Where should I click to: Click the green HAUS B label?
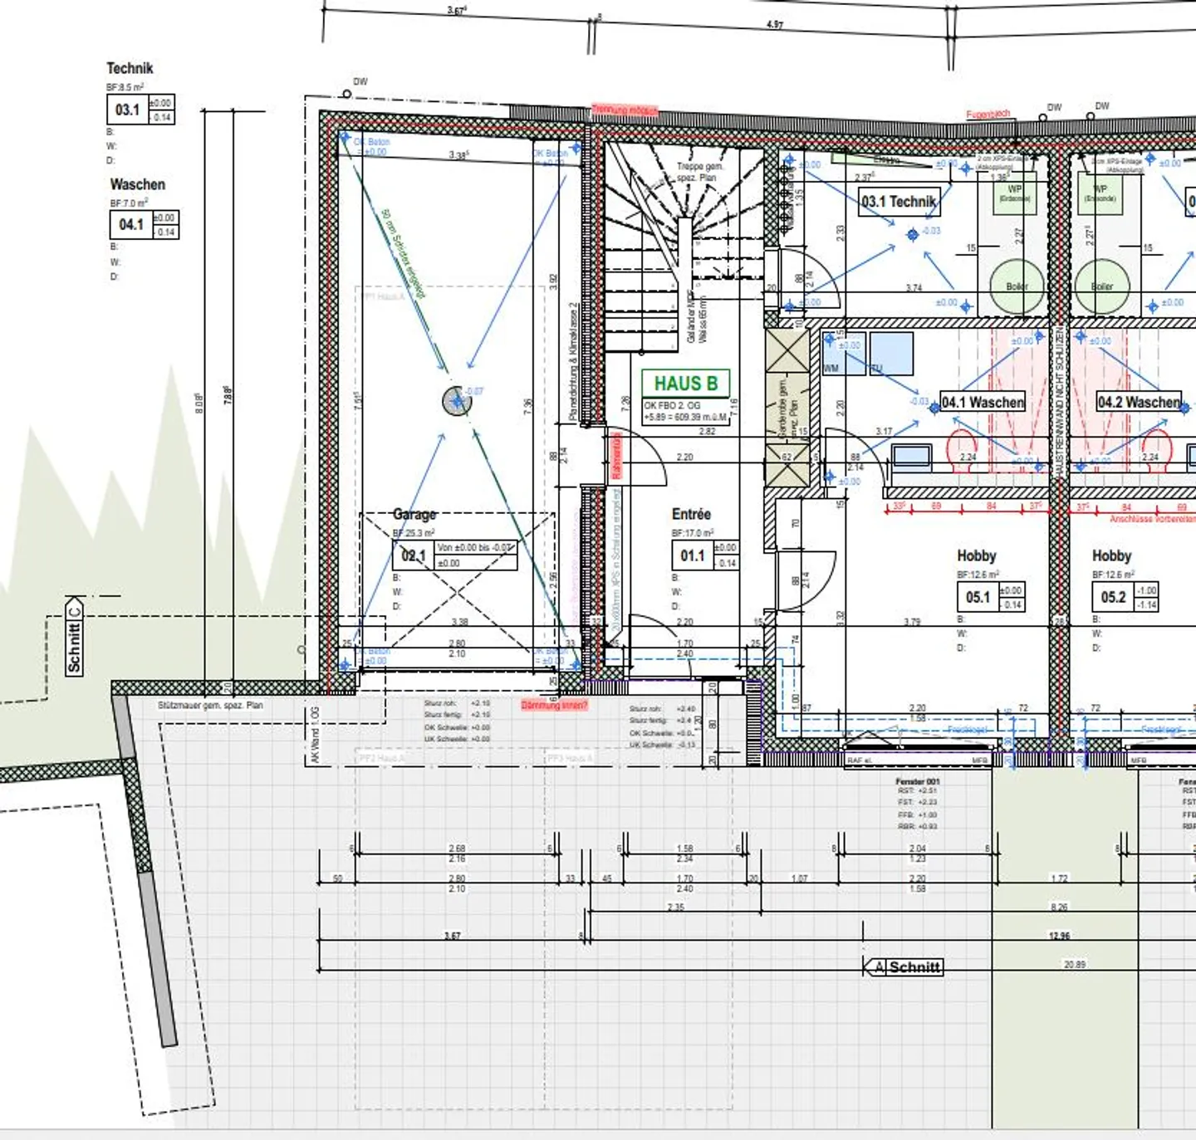pyautogui.click(x=685, y=384)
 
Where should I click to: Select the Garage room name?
pyautogui.click(x=414, y=514)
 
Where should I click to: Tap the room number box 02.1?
pyautogui.click(x=413, y=555)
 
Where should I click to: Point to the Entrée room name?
pyautogui.click(x=691, y=514)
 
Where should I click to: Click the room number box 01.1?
pyautogui.click(x=692, y=555)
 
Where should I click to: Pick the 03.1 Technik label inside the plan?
pyautogui.click(x=899, y=201)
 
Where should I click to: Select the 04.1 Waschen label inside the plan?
pyautogui.click(x=983, y=402)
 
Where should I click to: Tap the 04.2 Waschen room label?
pyautogui.click(x=1139, y=402)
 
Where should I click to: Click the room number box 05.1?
pyautogui.click(x=978, y=597)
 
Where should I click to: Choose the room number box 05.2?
pyautogui.click(x=1113, y=597)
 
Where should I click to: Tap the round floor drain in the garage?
pyautogui.click(x=457, y=402)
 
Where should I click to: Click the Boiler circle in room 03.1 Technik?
pyautogui.click(x=1017, y=286)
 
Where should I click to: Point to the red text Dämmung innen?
pyautogui.click(x=554, y=705)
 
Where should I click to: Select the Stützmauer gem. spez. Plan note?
pyautogui.click(x=210, y=705)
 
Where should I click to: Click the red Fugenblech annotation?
pyautogui.click(x=988, y=114)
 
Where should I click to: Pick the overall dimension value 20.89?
pyautogui.click(x=1075, y=964)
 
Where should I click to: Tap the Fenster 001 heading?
pyautogui.click(x=917, y=781)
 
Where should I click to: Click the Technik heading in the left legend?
pyautogui.click(x=130, y=68)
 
